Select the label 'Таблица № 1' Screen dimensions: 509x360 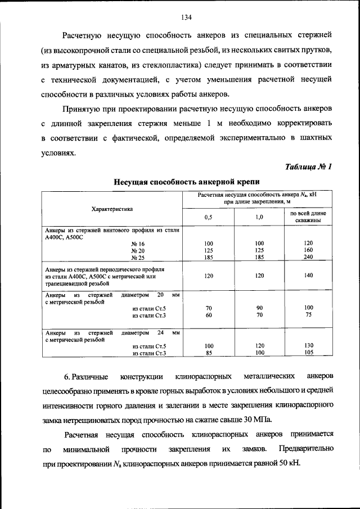coord(309,166)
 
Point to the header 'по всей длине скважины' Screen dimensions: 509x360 coord(308,217)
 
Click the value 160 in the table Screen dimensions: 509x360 coord(308,250)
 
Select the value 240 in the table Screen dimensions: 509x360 coord(308,258)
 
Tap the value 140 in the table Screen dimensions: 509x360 coord(308,276)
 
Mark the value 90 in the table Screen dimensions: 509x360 coord(259,308)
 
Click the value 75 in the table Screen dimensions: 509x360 coord(308,315)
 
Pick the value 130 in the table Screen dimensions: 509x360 coord(308,345)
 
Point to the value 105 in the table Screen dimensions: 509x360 coord(308,353)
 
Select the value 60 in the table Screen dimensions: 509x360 coord(208,315)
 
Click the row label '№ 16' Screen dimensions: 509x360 coord(138,243)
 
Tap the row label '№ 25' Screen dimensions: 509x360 coord(138,258)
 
